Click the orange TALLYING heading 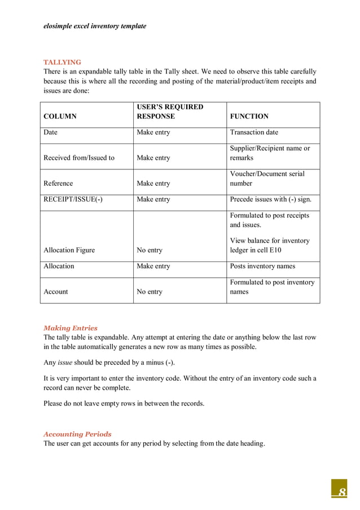coord(62,62)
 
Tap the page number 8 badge coord(339,490)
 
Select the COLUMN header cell coord(60,116)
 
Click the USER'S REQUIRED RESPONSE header coord(169,112)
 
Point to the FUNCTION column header coord(249,116)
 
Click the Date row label coord(50,132)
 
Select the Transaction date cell coord(254,132)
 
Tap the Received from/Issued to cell coord(78,158)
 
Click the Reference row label coord(58,184)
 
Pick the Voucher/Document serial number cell coord(267,178)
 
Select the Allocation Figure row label coord(69,250)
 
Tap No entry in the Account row coord(150,292)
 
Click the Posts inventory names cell coord(262,266)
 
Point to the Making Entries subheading coord(71,328)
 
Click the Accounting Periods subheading coord(77,434)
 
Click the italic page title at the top coord(95,26)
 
